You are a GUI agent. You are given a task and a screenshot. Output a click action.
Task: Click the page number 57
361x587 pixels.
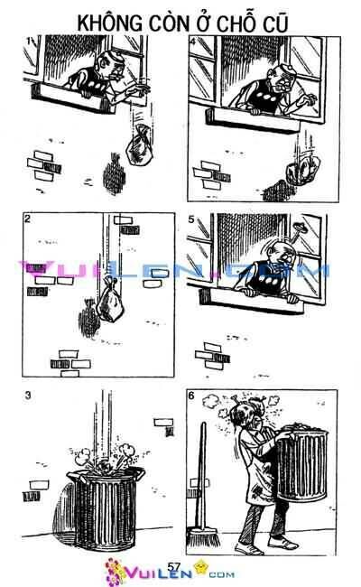176,566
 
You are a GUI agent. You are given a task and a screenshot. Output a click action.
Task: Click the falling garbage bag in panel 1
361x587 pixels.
140,142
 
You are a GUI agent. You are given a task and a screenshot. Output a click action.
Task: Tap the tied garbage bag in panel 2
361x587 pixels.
108,297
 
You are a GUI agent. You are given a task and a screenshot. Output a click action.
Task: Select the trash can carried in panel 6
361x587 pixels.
307,470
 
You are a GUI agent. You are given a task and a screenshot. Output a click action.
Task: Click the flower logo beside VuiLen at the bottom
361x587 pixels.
117,571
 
